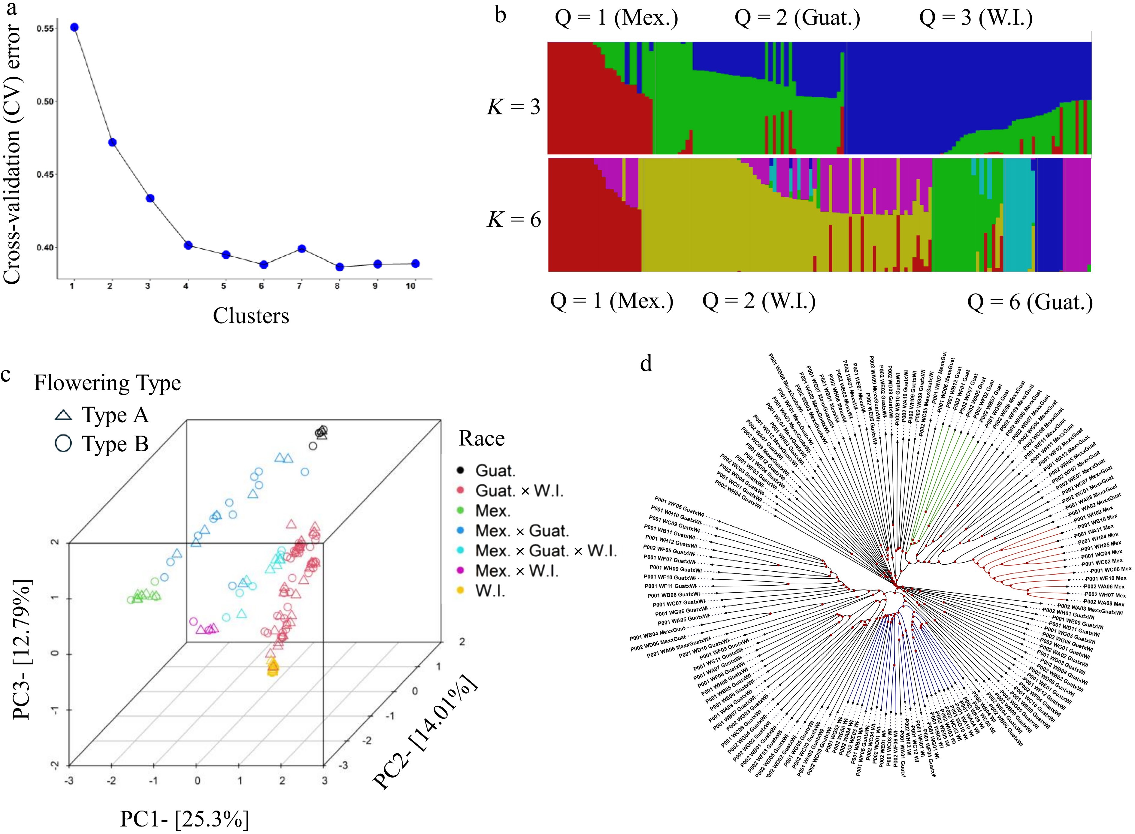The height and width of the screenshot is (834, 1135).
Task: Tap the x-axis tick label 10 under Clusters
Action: click(x=410, y=286)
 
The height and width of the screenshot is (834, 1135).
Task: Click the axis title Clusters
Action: click(x=251, y=316)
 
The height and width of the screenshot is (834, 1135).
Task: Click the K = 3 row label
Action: click(x=513, y=107)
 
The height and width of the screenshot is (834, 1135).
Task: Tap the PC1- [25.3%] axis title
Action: click(x=184, y=819)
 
